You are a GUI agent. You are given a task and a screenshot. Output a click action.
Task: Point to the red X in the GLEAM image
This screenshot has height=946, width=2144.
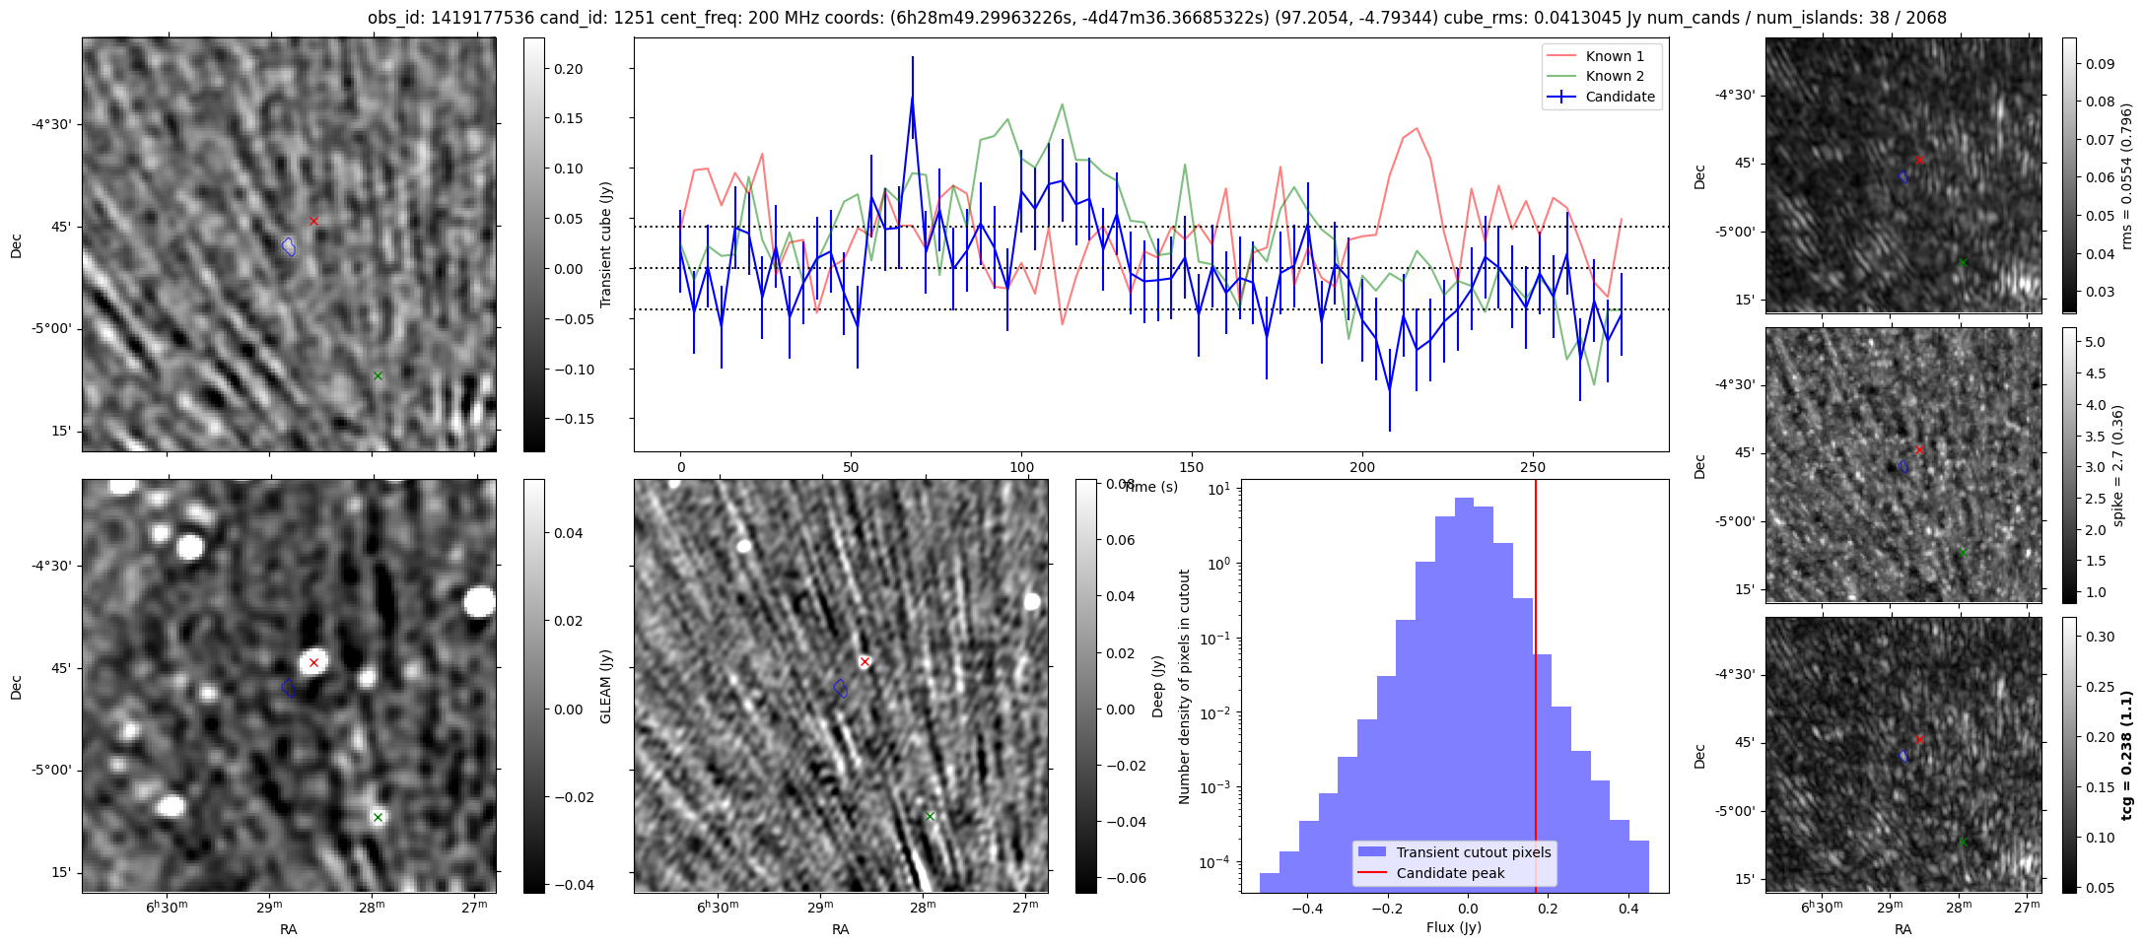coord(313,662)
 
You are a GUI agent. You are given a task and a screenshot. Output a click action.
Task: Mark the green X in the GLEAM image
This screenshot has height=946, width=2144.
coord(378,817)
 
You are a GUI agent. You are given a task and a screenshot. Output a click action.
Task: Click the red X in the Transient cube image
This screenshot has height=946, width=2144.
coord(313,221)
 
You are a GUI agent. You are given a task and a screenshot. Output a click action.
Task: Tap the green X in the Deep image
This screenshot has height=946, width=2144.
coord(930,816)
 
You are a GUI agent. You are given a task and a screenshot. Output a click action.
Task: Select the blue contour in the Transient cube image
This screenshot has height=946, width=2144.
coord(289,246)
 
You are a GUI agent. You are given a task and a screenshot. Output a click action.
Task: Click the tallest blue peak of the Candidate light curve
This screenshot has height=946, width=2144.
coord(913,96)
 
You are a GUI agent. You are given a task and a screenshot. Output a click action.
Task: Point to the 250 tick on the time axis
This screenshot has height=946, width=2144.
coord(1533,467)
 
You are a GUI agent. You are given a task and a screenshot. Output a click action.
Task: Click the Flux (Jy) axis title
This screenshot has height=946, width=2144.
coord(1453,927)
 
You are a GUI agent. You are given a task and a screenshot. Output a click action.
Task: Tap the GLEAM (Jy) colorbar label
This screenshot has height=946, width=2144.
coord(605,686)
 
